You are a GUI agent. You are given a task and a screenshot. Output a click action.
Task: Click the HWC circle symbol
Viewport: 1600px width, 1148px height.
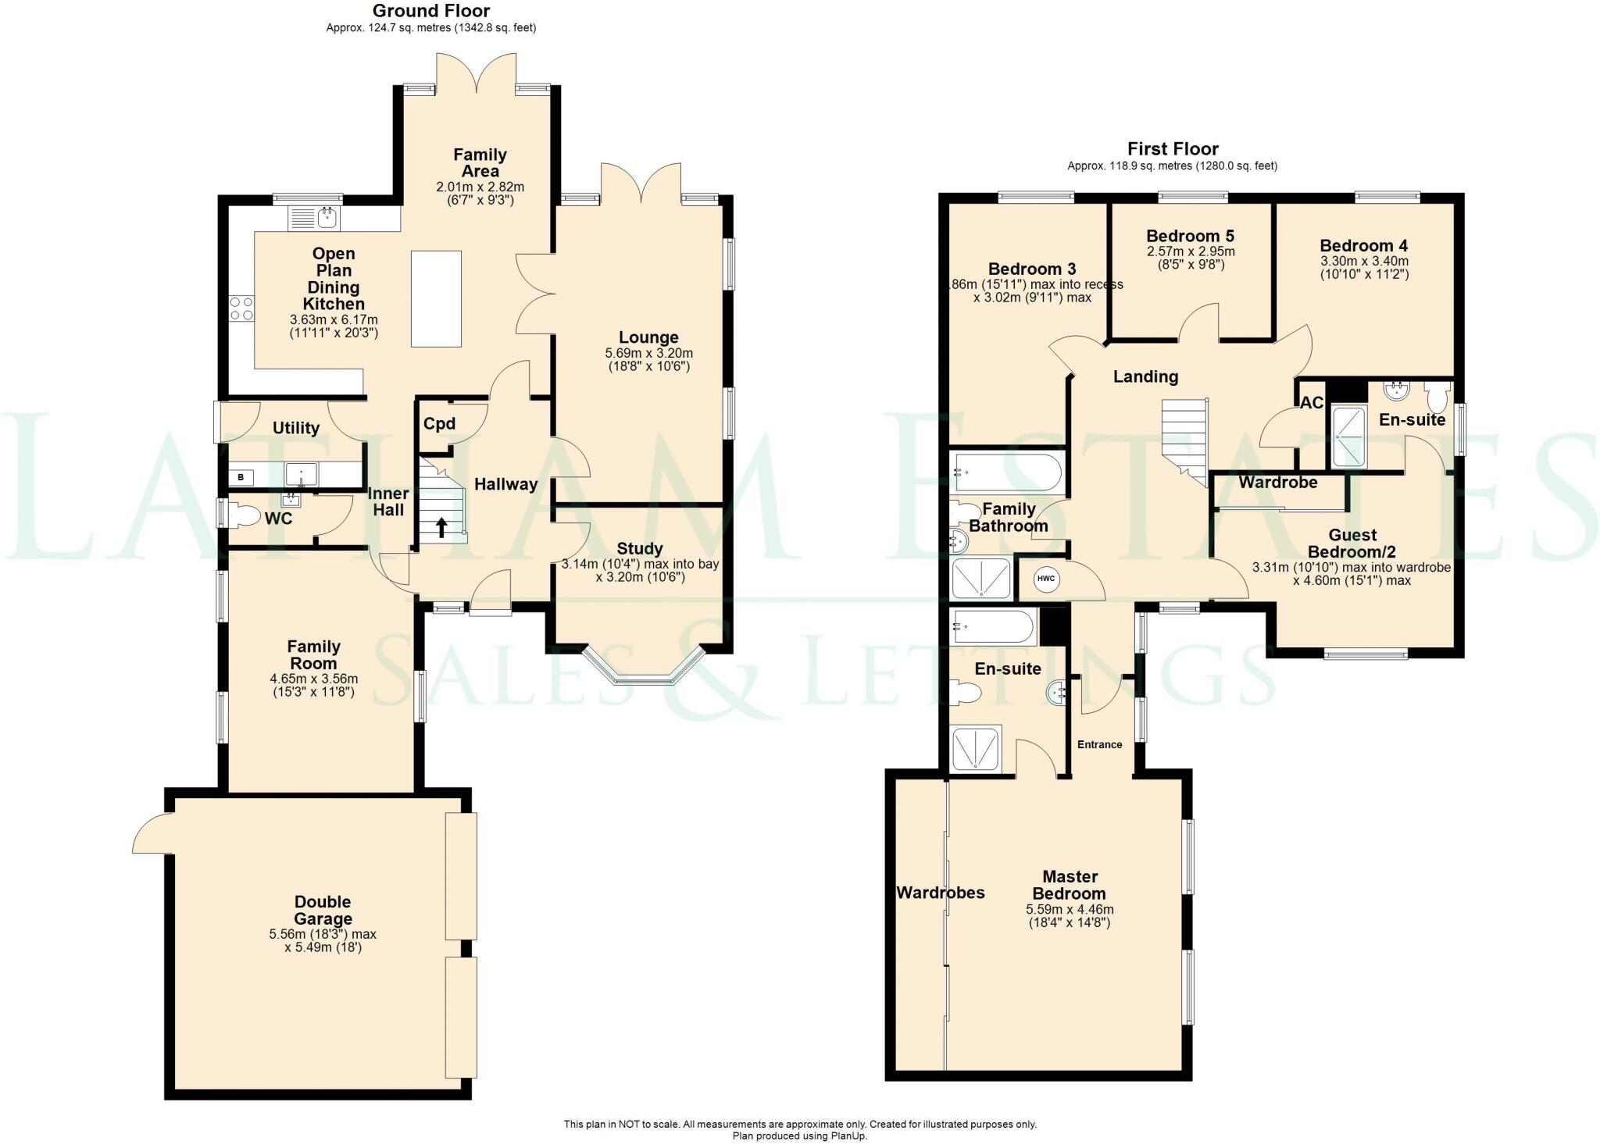click(1045, 579)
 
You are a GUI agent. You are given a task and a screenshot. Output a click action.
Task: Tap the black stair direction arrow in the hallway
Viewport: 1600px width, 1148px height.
click(441, 528)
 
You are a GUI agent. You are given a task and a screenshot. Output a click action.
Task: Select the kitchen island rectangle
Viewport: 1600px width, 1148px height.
click(436, 298)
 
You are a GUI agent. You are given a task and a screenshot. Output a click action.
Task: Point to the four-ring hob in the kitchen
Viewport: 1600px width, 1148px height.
click(241, 308)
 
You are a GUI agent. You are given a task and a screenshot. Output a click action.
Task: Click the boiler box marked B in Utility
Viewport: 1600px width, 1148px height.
click(241, 477)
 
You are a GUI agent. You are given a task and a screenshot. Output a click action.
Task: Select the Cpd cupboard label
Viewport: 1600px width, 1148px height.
click(439, 424)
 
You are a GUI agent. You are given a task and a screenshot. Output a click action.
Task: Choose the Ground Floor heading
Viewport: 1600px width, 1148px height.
click(430, 11)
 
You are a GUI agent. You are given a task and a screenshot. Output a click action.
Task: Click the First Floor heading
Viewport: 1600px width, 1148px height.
click(1172, 149)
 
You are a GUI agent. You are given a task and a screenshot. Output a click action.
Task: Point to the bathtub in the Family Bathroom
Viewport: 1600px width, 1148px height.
click(1006, 472)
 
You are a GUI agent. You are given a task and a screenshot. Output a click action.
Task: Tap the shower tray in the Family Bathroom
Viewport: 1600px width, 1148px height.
click(980, 578)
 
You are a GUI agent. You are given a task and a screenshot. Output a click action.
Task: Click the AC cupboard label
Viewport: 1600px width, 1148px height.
click(1312, 403)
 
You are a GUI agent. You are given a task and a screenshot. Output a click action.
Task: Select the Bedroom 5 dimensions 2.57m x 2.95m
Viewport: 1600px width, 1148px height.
click(1190, 251)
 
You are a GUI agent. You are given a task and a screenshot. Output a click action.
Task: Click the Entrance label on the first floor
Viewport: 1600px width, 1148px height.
click(1099, 744)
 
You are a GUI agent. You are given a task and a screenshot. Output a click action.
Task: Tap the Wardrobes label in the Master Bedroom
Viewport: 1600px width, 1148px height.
click(940, 893)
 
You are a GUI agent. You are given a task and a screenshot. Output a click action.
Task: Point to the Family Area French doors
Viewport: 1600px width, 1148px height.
click(477, 74)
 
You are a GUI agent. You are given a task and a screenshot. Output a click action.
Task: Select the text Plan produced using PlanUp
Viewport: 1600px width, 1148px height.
click(799, 1136)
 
